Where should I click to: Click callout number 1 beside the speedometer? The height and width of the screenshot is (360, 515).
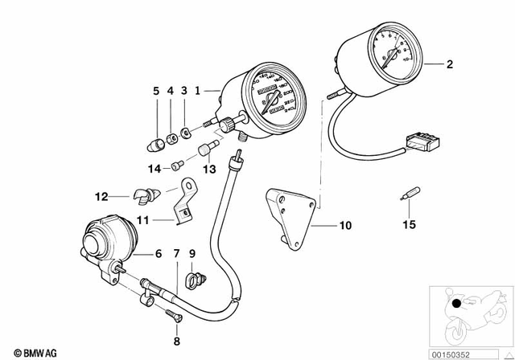[196, 92]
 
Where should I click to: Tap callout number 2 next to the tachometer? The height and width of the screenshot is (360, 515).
[450, 63]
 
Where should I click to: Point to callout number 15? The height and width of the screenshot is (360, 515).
[409, 225]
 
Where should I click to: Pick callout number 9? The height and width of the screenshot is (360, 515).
[192, 255]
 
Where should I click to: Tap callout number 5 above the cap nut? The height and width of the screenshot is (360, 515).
[156, 92]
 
